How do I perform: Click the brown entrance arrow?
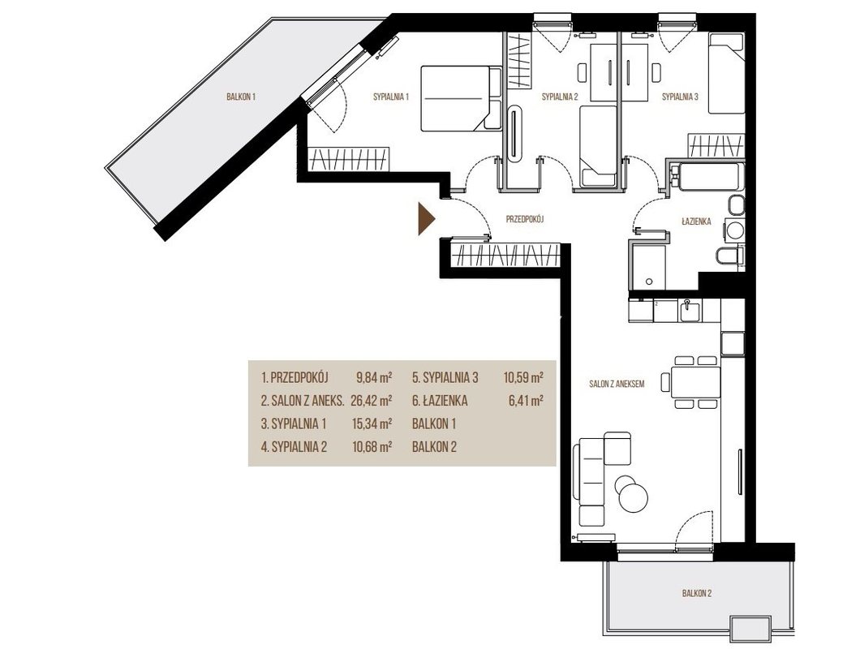(426, 219)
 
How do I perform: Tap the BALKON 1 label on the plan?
(241, 97)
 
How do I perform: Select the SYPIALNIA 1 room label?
(391, 97)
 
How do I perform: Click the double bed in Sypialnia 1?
(462, 98)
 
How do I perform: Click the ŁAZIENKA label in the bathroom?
(696, 221)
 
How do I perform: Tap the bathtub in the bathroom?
(705, 175)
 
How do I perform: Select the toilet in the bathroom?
(730, 256)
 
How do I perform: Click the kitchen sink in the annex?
(690, 311)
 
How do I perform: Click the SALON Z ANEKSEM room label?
(617, 384)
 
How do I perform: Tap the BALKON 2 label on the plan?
(697, 593)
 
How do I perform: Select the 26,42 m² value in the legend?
(372, 401)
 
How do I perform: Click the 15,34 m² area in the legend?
(372, 424)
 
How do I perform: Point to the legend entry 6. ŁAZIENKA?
(440, 401)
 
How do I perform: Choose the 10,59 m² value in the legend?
(523, 378)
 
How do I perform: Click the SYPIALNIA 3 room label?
(680, 97)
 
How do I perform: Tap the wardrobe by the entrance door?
(505, 255)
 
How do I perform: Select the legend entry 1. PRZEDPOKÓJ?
(295, 378)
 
